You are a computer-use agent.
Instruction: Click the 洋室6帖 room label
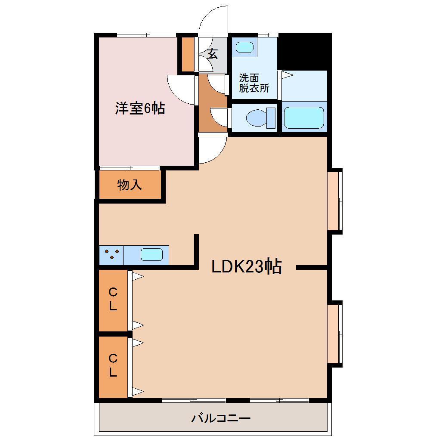tap(139, 108)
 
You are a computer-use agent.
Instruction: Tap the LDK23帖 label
tap(246, 267)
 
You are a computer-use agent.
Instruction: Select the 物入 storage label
tap(129, 185)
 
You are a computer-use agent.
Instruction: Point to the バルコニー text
tap(221, 418)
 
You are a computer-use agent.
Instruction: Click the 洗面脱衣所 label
tap(254, 83)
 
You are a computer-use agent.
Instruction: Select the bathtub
tap(304, 117)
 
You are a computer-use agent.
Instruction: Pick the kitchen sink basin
tap(152, 255)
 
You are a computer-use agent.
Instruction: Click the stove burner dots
tap(111, 255)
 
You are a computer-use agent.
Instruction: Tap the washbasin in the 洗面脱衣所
tap(244, 47)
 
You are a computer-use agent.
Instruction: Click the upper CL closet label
tap(113, 300)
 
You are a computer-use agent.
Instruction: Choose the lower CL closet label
tap(113, 366)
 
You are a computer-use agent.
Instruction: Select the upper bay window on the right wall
tap(334, 201)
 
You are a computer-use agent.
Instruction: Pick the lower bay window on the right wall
tap(334, 334)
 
